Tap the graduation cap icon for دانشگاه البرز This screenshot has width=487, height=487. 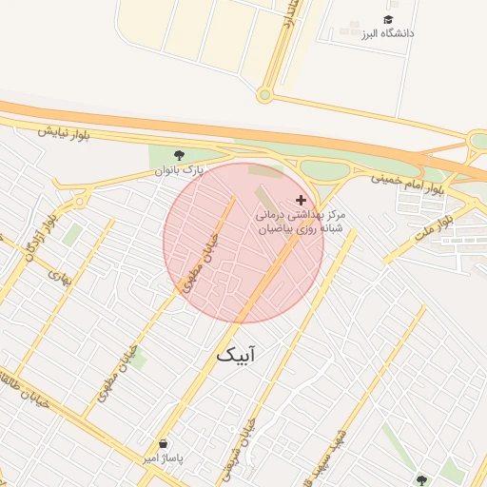click(388, 19)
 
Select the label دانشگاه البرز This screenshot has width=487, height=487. click(387, 34)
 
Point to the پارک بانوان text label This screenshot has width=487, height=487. click(180, 171)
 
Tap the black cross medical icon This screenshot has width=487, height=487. click(302, 200)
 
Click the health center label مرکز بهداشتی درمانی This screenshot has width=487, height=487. click(299, 215)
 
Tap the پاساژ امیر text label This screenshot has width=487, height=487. click(162, 458)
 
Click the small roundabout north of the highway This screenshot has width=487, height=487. click(264, 94)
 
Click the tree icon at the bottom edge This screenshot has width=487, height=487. click(421, 479)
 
